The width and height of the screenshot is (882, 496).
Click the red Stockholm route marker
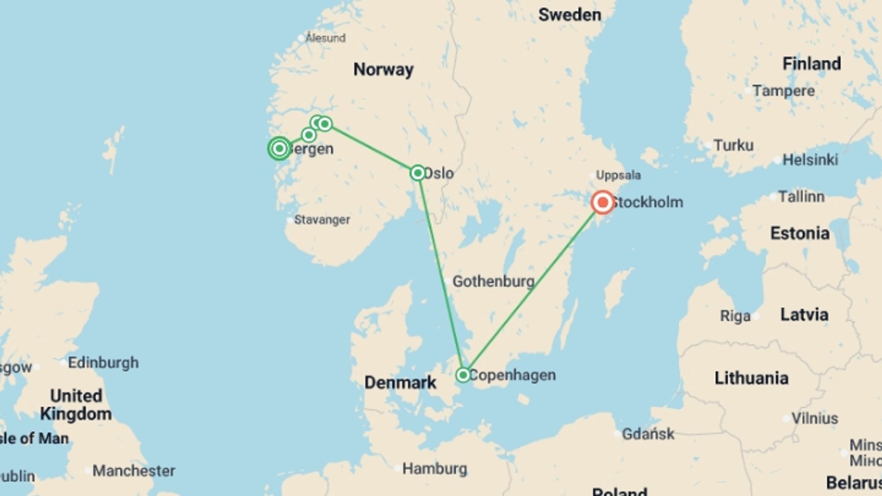pyautogui.click(x=603, y=202)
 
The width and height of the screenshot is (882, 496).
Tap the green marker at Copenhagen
pyautogui.click(x=463, y=375)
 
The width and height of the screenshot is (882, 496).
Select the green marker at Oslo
pyautogui.click(x=418, y=173)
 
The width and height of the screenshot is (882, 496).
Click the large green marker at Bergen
pyautogui.click(x=279, y=148)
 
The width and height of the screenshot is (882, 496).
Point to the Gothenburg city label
pyautogui.click(x=493, y=281)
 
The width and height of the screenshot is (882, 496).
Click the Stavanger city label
pyautogui.click(x=322, y=220)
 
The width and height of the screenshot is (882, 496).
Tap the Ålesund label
pyautogui.click(x=326, y=38)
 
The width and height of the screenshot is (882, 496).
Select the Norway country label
pyautogui.click(x=383, y=69)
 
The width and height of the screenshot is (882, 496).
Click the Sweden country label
pyautogui.click(x=570, y=15)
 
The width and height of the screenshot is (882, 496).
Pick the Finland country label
pyautogui.click(x=812, y=63)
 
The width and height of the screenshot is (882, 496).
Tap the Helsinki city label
pyautogui.click(x=810, y=160)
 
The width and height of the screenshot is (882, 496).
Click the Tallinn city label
pyautogui.click(x=801, y=197)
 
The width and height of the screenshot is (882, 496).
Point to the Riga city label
pyautogui.click(x=735, y=316)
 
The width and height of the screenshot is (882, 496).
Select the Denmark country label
pyautogui.click(x=400, y=382)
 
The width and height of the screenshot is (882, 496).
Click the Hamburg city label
pyautogui.click(x=435, y=469)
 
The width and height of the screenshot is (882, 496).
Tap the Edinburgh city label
pyautogui.click(x=103, y=362)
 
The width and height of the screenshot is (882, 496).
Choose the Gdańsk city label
pyautogui.click(x=648, y=434)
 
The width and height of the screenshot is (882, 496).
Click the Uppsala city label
pyautogui.click(x=618, y=175)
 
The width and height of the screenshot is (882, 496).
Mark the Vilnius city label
pyautogui.click(x=814, y=418)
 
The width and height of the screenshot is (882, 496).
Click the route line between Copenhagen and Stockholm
pyautogui.click(x=533, y=288)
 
